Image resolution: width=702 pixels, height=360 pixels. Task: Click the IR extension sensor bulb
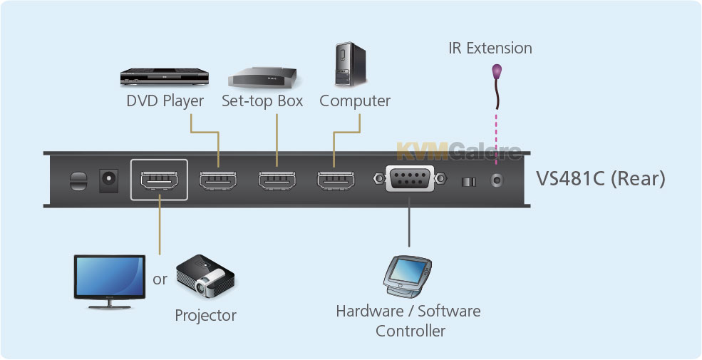click(x=497, y=72)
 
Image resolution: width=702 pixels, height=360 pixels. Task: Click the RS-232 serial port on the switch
click(x=409, y=178)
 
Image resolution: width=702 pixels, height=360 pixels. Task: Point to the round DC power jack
click(x=110, y=178)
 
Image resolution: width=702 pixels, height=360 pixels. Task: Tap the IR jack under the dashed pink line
click(x=497, y=180)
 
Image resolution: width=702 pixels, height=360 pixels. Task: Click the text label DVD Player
click(x=165, y=101)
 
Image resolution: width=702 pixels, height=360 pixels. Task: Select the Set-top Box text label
click(x=262, y=101)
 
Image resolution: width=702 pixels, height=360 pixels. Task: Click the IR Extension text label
click(x=490, y=48)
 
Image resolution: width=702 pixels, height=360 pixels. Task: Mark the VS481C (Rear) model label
click(x=600, y=179)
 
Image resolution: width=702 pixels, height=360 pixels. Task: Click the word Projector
click(x=205, y=315)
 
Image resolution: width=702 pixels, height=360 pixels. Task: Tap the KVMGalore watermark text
click(x=458, y=151)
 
